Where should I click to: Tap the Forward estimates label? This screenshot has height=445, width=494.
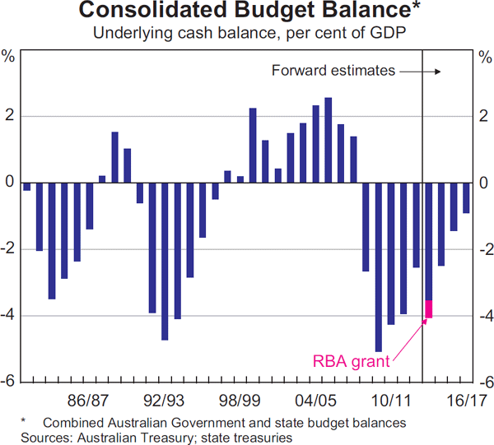click(333, 71)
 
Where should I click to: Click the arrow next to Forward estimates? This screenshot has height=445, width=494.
click(420, 71)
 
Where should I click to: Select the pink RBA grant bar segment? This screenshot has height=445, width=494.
click(428, 309)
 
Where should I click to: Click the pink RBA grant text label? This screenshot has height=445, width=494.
click(350, 360)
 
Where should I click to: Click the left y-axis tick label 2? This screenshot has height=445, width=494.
click(9, 116)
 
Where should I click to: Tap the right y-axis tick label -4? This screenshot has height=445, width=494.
click(483, 316)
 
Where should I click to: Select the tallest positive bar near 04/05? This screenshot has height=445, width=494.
click(329, 140)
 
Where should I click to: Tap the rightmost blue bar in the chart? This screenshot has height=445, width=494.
click(466, 197)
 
